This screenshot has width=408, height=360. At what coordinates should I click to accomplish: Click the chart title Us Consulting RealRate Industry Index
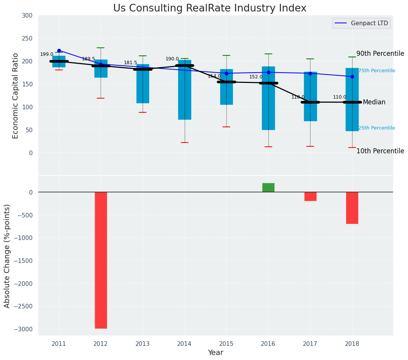(x=210, y=8)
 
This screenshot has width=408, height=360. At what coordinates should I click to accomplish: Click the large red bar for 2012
(x=101, y=260)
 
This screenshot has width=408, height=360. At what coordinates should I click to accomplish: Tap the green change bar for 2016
(x=268, y=188)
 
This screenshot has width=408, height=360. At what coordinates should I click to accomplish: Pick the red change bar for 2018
(x=352, y=208)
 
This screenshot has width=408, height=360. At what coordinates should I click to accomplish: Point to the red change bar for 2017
(x=310, y=196)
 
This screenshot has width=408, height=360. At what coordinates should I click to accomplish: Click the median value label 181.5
(x=130, y=63)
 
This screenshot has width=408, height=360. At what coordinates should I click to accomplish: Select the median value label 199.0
(x=47, y=54)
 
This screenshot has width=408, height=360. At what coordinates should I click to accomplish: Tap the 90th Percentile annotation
(x=380, y=54)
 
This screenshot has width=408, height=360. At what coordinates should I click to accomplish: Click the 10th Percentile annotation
(x=380, y=151)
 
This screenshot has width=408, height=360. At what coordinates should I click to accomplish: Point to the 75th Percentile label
(x=377, y=71)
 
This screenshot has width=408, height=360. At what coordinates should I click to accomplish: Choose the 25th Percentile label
(x=377, y=128)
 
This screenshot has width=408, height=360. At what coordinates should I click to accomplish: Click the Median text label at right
(x=374, y=102)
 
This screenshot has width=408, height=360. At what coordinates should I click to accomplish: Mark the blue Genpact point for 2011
(x=59, y=50)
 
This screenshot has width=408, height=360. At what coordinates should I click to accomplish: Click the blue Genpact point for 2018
(x=352, y=76)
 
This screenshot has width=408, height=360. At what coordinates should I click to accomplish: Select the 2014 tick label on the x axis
(x=185, y=344)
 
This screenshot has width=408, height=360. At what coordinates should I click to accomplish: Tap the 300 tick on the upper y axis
(x=28, y=15)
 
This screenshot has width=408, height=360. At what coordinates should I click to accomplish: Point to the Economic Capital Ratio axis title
(x=15, y=96)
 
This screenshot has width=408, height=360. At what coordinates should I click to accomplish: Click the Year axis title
(x=216, y=353)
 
